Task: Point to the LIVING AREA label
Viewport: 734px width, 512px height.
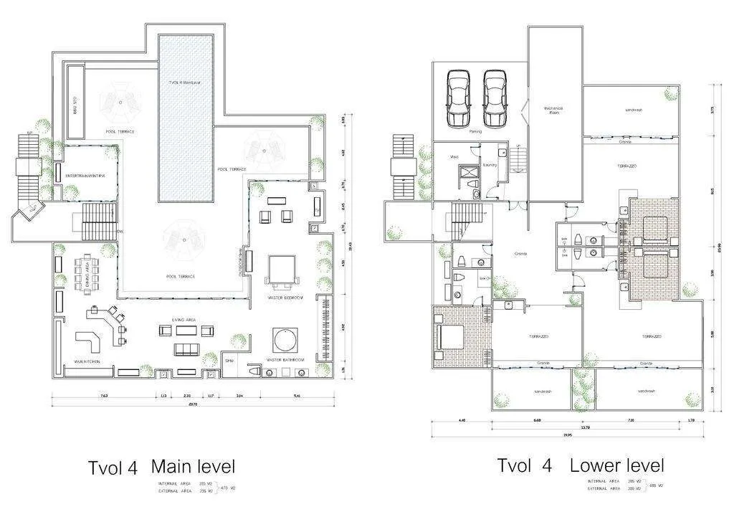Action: (x=184, y=320)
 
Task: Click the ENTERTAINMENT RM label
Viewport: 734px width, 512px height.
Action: (x=85, y=176)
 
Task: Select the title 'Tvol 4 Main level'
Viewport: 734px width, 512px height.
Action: (x=161, y=468)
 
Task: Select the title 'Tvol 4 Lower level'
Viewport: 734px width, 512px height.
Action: (x=581, y=465)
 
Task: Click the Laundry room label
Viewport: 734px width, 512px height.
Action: (x=490, y=165)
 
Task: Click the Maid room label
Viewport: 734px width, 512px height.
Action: (x=454, y=156)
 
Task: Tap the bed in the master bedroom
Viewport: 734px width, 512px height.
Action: (x=279, y=270)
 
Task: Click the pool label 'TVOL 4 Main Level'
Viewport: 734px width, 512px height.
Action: (x=185, y=82)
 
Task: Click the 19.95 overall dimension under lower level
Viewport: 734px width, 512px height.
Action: (x=568, y=435)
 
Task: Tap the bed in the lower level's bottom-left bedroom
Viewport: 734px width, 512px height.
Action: (x=446, y=335)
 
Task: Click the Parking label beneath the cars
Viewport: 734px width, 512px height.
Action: (x=475, y=132)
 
